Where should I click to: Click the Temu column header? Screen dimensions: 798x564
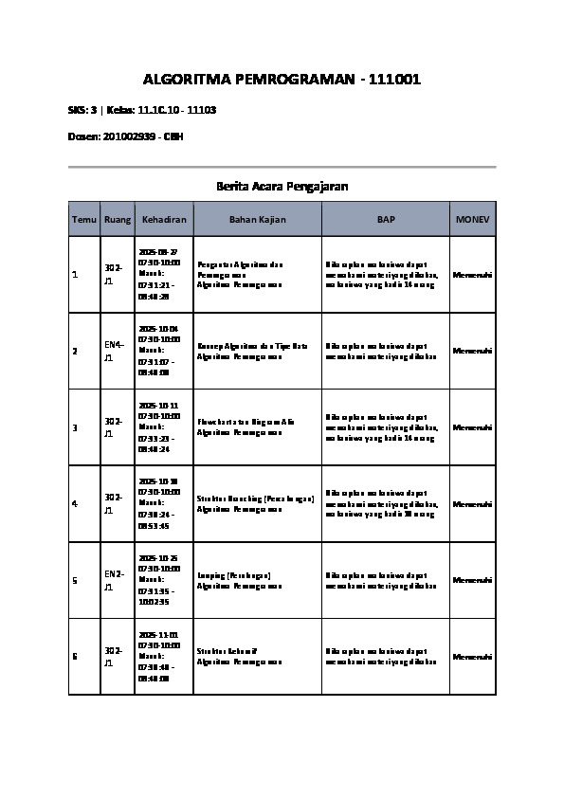coord(84,219)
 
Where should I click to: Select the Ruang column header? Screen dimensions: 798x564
coord(118,219)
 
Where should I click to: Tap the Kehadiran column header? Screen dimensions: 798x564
coord(164,219)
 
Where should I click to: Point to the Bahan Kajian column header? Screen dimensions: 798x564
coord(257,219)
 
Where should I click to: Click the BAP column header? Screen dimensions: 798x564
coord(386,219)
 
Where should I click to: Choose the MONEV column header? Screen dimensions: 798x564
coord(472,219)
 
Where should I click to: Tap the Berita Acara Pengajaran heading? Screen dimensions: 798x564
coord(282,187)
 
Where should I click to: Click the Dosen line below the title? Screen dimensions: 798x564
coord(126,136)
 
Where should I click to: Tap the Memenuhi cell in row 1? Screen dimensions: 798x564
coord(472,275)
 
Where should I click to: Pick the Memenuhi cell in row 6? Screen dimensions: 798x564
coord(472,657)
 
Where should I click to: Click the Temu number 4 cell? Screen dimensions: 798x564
coord(75,503)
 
